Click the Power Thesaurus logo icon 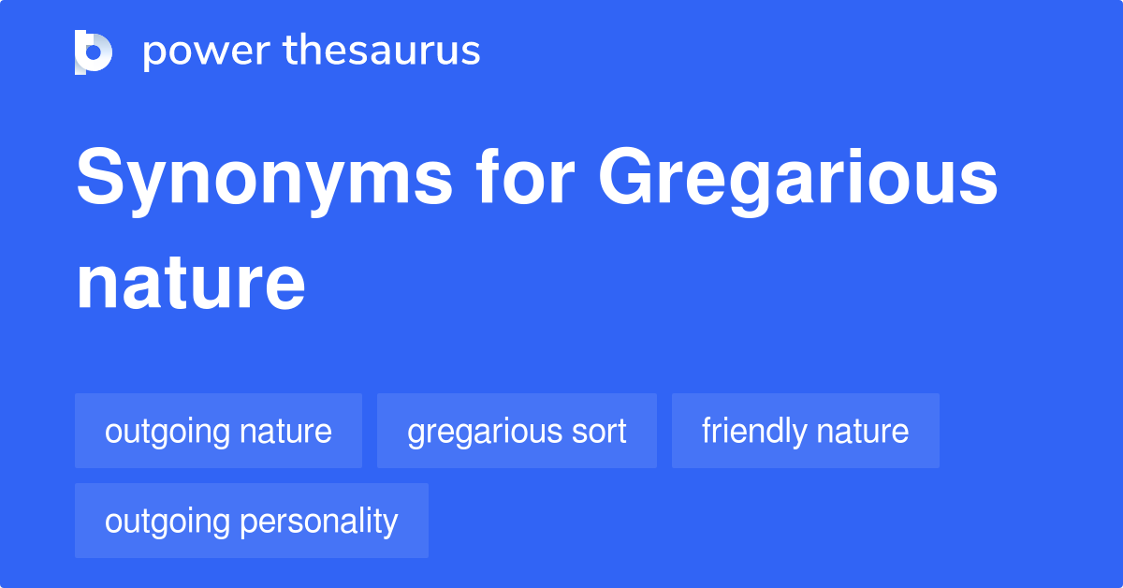pos(94,51)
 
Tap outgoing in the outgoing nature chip pos(168,432)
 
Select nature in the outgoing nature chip pos(285,432)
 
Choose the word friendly pos(753,432)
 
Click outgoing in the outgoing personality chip pos(168,522)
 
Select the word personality pos(319,522)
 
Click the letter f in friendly pos(707,431)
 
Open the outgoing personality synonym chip pos(251,521)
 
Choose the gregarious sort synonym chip pos(517,431)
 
